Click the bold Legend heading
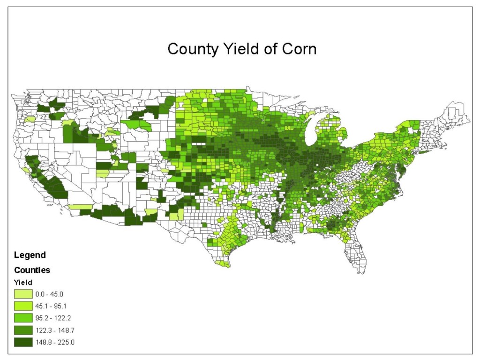(30, 255)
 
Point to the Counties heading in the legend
(32, 270)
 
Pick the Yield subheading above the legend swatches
(23, 283)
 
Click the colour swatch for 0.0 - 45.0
(23, 294)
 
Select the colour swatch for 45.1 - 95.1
(23, 306)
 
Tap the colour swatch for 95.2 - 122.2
(23, 318)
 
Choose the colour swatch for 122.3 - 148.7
(23, 330)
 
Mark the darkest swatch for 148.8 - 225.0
(23, 342)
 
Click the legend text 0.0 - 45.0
(52, 294)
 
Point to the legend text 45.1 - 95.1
(53, 306)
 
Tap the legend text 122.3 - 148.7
(55, 330)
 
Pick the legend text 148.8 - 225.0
(55, 342)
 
